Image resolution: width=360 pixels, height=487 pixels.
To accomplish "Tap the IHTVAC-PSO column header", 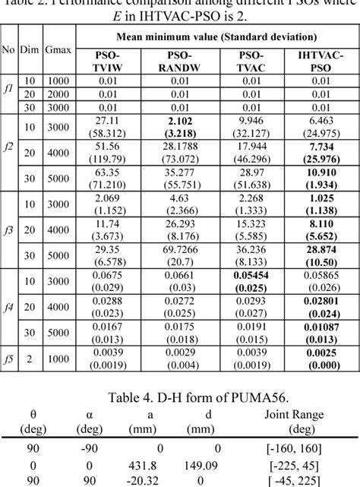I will [317, 62].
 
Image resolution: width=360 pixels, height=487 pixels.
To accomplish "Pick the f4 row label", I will [8, 308].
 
